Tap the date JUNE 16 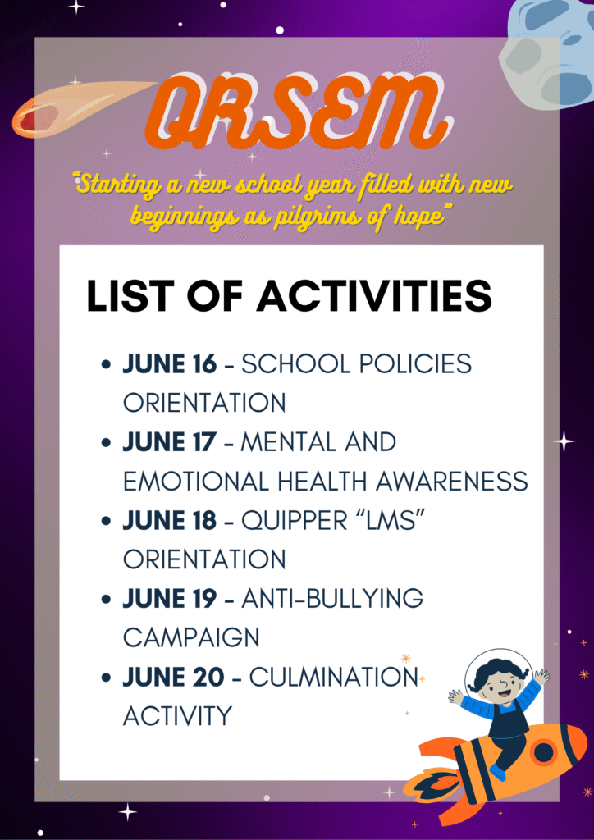[x=170, y=364]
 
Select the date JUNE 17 [x=170, y=443]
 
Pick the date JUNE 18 [x=170, y=522]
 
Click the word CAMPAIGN [x=191, y=638]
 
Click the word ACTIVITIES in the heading [x=374, y=296]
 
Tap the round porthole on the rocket [x=543, y=752]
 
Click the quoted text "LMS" [x=388, y=522]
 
